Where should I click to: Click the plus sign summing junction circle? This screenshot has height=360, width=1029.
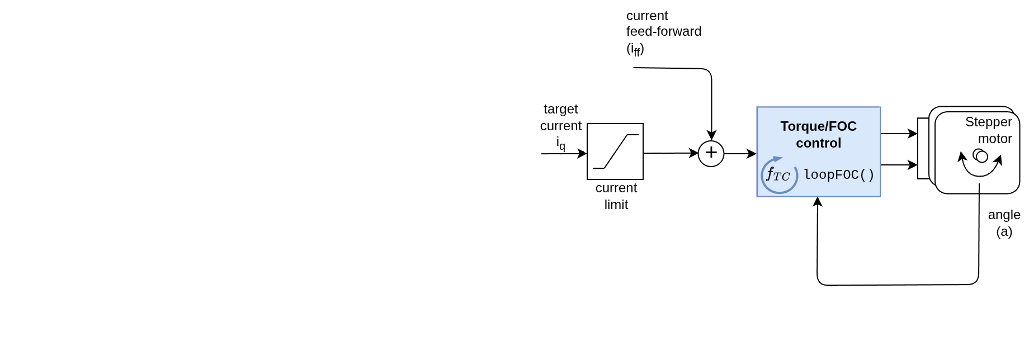point(711,154)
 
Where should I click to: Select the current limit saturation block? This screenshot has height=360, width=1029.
point(615,151)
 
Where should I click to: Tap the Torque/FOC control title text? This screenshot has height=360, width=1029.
point(818,135)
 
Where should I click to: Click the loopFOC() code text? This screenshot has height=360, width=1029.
point(839,175)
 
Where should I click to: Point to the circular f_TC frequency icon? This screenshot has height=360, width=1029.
point(778,175)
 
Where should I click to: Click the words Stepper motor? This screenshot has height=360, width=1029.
point(989,130)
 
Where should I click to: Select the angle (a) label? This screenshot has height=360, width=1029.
point(1004,223)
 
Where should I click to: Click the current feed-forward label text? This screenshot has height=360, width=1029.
point(663,32)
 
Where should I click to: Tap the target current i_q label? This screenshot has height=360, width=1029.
point(561,126)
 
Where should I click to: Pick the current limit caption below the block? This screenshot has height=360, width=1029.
point(616,196)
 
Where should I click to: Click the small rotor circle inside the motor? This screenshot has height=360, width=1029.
point(981,156)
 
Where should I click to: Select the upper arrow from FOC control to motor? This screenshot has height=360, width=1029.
point(899,134)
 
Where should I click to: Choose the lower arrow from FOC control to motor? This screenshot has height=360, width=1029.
point(899,165)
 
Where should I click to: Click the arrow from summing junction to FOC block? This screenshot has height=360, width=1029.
point(740,154)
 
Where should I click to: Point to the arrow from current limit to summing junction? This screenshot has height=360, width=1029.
point(671,153)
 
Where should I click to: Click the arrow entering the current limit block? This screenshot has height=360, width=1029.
point(564,154)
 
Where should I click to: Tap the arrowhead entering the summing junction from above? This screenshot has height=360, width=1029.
point(711,135)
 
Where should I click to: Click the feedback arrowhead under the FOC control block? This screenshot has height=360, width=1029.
point(818,202)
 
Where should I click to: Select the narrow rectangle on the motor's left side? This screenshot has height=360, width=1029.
point(923,149)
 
